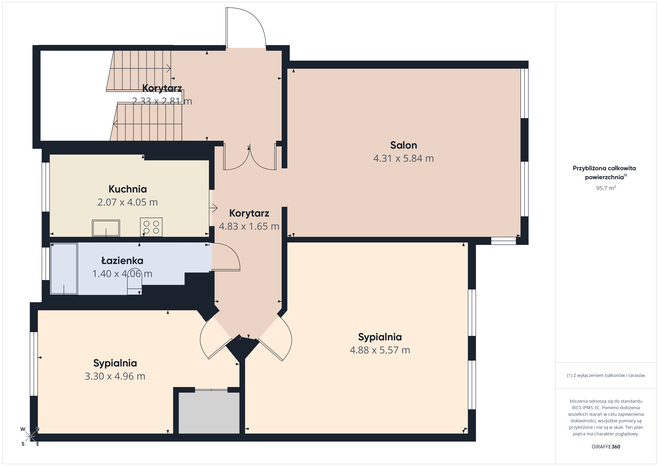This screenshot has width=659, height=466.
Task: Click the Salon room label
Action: point(403,145)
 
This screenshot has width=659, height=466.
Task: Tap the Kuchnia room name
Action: point(128,189)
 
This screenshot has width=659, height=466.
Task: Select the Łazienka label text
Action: point(122,261)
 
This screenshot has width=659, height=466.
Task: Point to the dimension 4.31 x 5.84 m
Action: point(403,158)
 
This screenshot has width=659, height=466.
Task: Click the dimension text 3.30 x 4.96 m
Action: point(115,376)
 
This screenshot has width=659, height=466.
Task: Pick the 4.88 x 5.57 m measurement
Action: point(380,350)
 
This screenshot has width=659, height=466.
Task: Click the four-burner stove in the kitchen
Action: point(151,227)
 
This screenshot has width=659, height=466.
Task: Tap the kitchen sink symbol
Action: point(106,228)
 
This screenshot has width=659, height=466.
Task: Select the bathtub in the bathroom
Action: point(64,269)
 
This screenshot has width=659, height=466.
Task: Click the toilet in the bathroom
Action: point(134,284)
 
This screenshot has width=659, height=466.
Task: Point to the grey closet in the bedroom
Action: point(209,413)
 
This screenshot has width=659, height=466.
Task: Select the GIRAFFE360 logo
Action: point(606,447)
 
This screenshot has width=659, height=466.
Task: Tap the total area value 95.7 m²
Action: point(606,188)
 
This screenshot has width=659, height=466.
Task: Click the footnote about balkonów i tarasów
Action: point(606,375)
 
